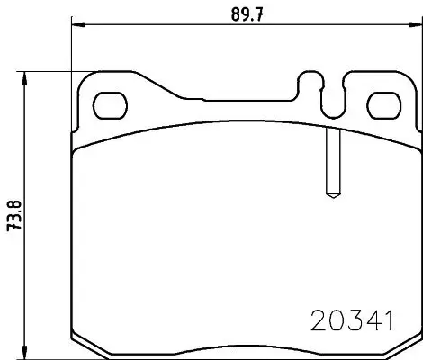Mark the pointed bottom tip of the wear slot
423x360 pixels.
330,195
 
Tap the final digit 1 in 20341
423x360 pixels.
390,321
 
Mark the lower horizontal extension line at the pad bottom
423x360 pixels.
54,356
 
